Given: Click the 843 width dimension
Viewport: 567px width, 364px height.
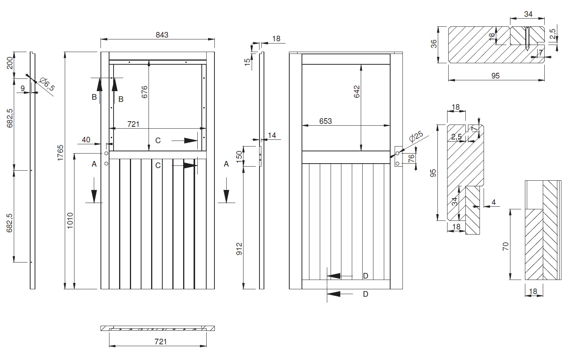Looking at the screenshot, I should pos(162,35).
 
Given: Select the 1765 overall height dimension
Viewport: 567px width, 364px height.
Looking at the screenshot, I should pos(61,152).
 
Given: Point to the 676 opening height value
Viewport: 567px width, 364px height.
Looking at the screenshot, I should pos(145,92).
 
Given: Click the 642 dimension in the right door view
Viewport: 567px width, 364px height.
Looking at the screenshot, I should pos(356,92).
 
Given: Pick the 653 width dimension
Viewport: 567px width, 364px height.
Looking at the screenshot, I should pos(325,121).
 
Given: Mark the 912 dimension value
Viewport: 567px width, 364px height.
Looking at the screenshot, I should pos(239,249).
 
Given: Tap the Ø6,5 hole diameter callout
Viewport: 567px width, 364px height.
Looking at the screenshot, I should pos(47,84).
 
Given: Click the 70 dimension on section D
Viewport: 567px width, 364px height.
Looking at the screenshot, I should pos(505,246).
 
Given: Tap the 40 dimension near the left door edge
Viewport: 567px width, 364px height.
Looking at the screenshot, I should pos(86,140).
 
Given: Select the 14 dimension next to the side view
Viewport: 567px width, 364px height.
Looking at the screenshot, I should pos(272,135).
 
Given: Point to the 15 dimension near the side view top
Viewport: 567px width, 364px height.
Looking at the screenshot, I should pos(247,62).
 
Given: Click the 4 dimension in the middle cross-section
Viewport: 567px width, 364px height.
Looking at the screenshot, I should pos(494,203).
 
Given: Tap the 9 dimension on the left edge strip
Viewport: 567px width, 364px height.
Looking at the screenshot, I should pos(23,88).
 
